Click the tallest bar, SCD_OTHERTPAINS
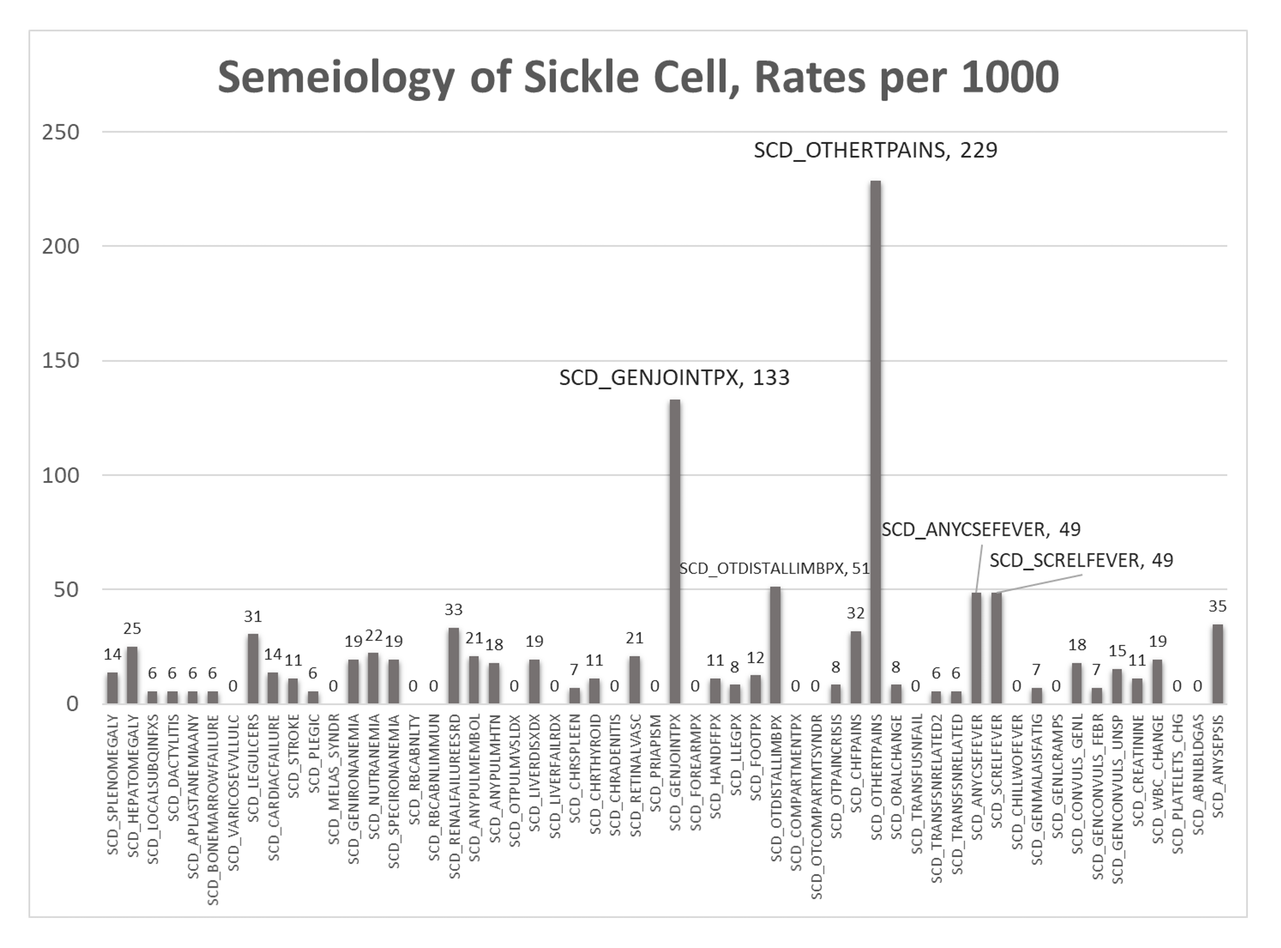coord(876,442)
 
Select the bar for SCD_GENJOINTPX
coord(675,551)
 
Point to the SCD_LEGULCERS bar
coord(253,669)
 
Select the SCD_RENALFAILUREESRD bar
coord(453,666)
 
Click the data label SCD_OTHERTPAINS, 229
coord(875,150)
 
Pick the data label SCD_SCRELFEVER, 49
coord(1081,560)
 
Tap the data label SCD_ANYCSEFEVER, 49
coord(980,529)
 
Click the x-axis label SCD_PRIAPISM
coord(655,763)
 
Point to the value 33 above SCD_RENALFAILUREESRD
coord(453,609)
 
